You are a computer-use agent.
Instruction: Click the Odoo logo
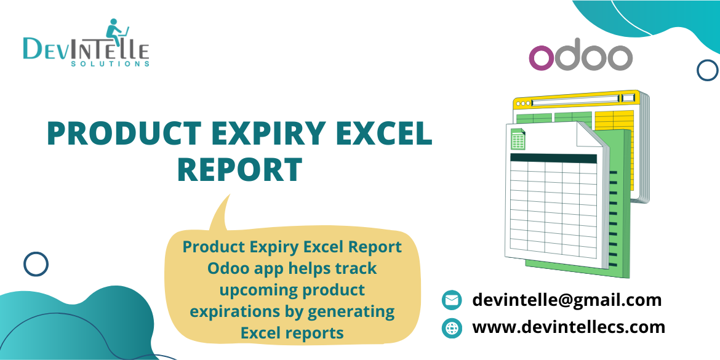[x=581, y=57]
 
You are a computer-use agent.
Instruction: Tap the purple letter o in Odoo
[x=542, y=58]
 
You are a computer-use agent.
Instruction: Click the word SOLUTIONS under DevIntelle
[x=110, y=63]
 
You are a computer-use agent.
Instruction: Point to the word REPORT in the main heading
[x=239, y=169]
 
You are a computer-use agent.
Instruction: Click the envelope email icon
[x=452, y=300]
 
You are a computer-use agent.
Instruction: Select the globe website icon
[x=452, y=327]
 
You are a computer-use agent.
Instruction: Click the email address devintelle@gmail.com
[x=567, y=300]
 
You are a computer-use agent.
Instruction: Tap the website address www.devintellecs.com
[x=569, y=327]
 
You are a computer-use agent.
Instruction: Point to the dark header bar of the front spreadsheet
[x=553, y=158]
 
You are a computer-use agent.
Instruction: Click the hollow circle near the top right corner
[x=707, y=70]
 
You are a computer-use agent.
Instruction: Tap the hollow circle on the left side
[x=36, y=264]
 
